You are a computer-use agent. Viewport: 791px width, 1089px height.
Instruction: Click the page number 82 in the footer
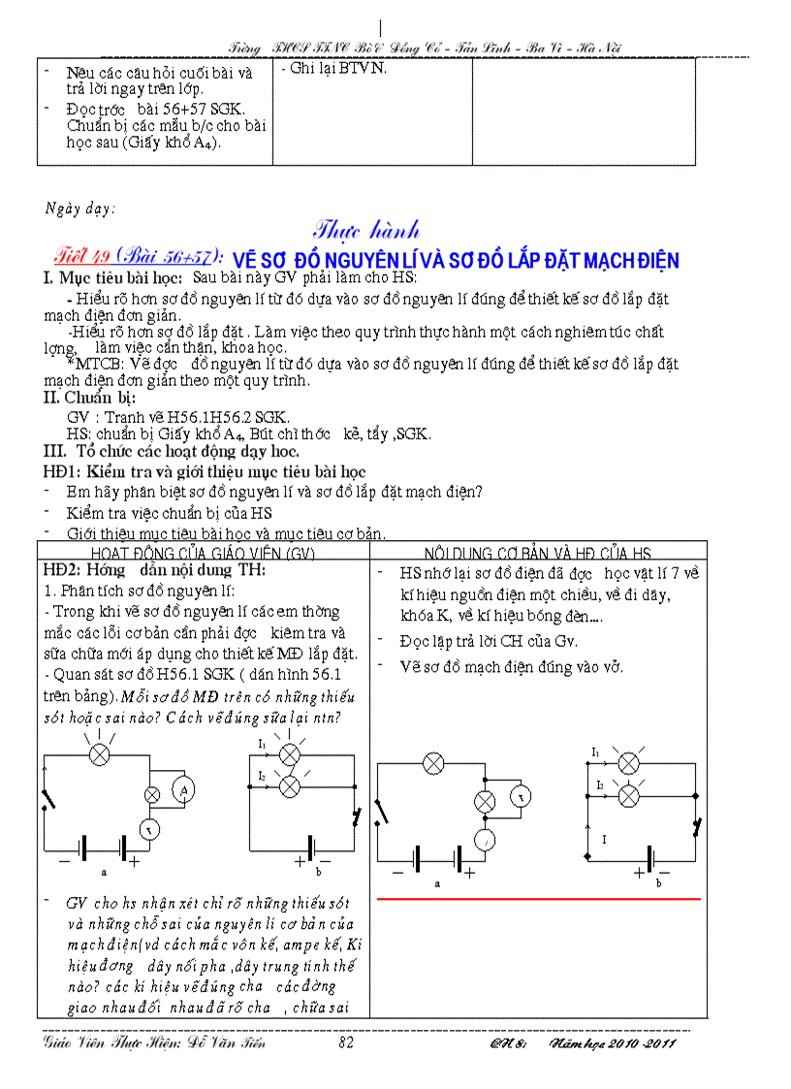point(346,1043)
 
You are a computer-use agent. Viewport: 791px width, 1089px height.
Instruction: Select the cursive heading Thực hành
point(366,230)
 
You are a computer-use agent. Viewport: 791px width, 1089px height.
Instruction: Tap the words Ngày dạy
point(80,208)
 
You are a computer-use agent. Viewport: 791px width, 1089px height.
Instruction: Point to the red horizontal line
point(538,900)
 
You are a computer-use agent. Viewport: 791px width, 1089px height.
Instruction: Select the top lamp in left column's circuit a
point(97,754)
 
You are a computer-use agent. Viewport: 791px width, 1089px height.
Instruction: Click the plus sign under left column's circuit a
point(134,860)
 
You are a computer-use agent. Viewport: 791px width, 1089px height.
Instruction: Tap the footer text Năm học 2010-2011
point(612,1043)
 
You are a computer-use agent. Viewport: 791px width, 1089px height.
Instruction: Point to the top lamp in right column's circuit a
point(433,763)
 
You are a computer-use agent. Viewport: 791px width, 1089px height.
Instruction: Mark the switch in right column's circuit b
point(696,826)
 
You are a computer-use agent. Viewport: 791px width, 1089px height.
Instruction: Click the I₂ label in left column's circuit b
point(262,776)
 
